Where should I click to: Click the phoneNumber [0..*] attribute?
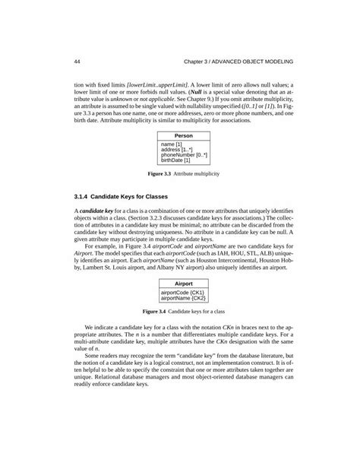(x=184, y=155)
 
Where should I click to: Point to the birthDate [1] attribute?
(x=176, y=161)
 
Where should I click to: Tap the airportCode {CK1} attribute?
(x=184, y=291)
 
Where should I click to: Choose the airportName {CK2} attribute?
(x=184, y=297)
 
